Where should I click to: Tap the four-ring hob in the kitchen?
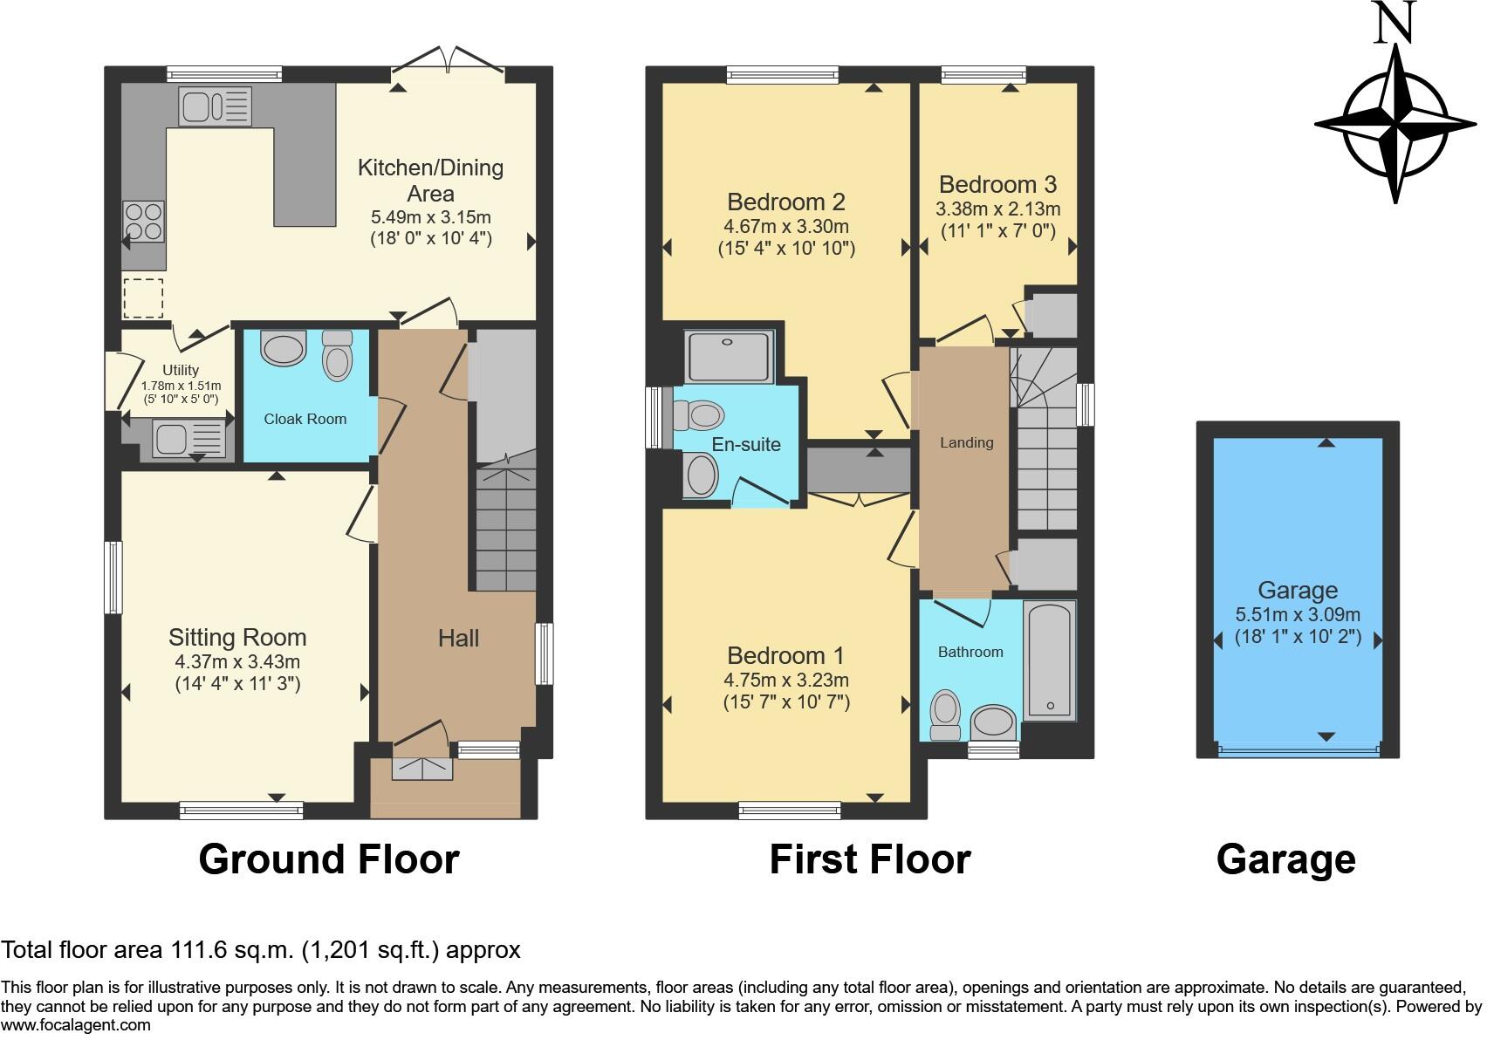point(144,221)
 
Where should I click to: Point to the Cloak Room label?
point(305,419)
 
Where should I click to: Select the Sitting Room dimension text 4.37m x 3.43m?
point(237,662)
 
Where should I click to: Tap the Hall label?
point(458,639)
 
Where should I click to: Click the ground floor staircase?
point(506,528)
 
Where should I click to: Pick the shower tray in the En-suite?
point(730,357)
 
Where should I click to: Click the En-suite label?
point(746,444)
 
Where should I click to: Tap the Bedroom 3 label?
point(997,184)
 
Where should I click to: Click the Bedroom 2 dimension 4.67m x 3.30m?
point(785,226)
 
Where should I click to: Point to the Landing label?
point(966,442)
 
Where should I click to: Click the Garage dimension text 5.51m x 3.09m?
point(1298,614)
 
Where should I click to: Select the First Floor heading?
point(869,859)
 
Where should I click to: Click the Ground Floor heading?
point(328,859)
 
